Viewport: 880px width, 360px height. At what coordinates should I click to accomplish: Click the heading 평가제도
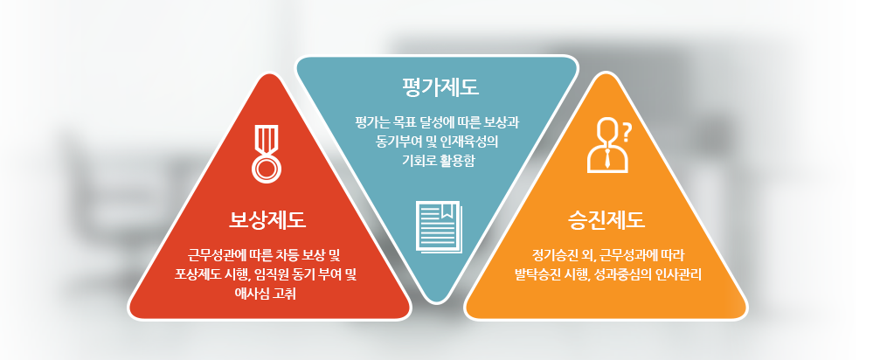pyautogui.click(x=440, y=88)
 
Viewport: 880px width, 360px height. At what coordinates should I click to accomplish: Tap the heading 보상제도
pyautogui.click(x=267, y=219)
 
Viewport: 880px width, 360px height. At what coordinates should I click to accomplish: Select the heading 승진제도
pyautogui.click(x=606, y=219)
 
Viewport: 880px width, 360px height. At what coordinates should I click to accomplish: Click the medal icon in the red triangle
pyautogui.click(x=267, y=154)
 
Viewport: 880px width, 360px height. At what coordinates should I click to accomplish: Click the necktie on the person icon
pyautogui.click(x=608, y=159)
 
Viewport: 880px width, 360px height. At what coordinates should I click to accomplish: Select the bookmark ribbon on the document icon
pyautogui.click(x=447, y=211)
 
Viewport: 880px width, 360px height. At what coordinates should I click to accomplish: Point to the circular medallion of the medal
pyautogui.click(x=267, y=169)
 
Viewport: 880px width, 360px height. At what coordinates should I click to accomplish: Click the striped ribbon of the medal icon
pyautogui.click(x=267, y=139)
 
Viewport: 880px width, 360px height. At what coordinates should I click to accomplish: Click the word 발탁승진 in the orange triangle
pyautogui.click(x=536, y=275)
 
